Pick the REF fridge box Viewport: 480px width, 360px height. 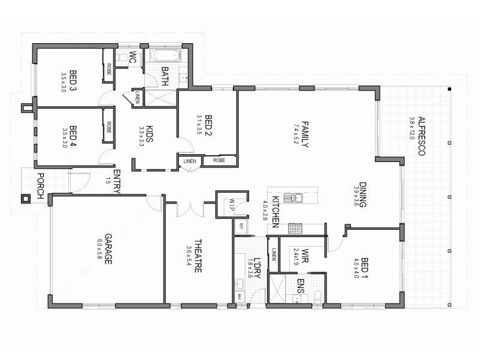click(x=241, y=226)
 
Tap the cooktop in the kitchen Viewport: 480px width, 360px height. click(x=295, y=227)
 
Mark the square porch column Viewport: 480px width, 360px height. click(x=26, y=197)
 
